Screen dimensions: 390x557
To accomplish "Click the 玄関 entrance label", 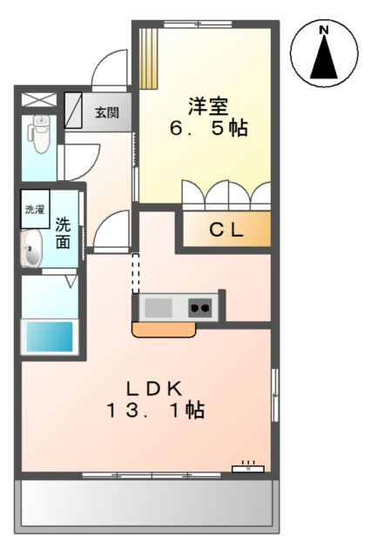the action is [x=106, y=112].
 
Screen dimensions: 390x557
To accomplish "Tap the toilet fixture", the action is [x=38, y=133].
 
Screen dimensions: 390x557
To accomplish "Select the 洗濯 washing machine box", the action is [x=35, y=209].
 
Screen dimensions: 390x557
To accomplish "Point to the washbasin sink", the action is [x=31, y=248].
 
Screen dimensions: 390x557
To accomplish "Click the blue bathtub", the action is [x=50, y=337].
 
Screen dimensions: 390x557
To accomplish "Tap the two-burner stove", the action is [x=200, y=307].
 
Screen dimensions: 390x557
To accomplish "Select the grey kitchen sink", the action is [x=158, y=307].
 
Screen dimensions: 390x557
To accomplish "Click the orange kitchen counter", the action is [x=164, y=329].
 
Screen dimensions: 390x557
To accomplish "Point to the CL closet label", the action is [x=226, y=230].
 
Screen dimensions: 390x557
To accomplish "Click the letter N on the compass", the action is [x=324, y=30].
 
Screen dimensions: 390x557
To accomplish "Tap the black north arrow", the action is [x=324, y=57].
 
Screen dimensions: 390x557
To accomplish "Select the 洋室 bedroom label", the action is [x=208, y=105].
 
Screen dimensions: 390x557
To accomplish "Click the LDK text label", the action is [x=155, y=389].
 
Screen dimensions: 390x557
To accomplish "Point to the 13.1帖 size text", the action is [x=155, y=410].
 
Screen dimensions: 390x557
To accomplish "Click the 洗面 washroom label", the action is [x=63, y=233].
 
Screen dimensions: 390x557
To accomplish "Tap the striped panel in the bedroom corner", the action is [x=148, y=58].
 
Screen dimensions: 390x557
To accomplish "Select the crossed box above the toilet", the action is [x=39, y=99].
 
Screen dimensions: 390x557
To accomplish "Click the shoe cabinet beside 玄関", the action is [x=73, y=111].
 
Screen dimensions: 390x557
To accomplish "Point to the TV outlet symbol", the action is [x=248, y=468].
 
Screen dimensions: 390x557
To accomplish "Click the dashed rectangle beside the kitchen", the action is [x=136, y=273].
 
